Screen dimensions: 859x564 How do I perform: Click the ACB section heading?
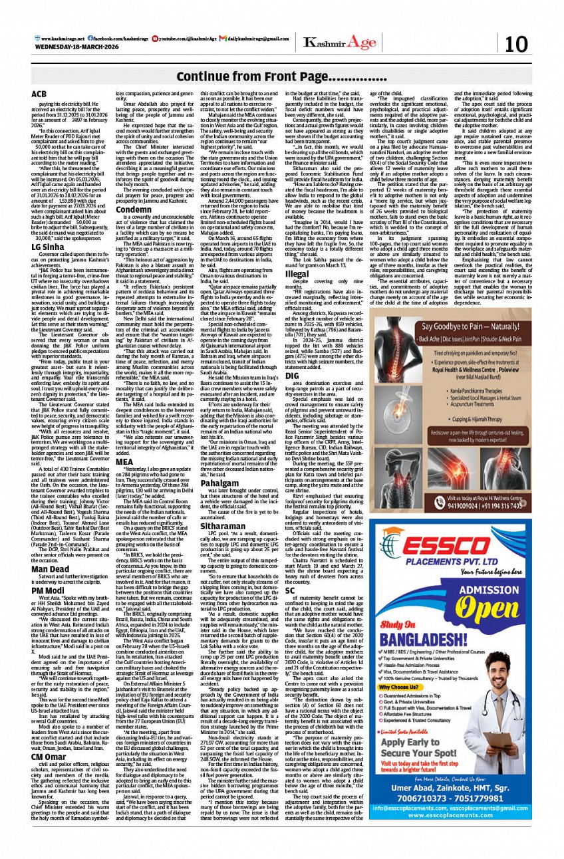[x=39, y=94]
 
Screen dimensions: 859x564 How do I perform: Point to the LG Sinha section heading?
[x=47, y=247]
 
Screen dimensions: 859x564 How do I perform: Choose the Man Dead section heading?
[x=50, y=588]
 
